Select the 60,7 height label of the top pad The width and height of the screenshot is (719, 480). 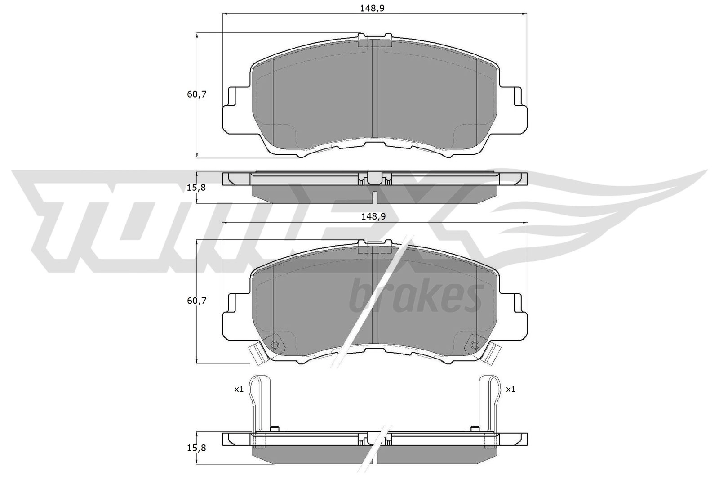click(196, 94)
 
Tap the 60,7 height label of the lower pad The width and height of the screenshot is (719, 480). click(196, 301)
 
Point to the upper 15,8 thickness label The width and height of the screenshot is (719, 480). click(196, 187)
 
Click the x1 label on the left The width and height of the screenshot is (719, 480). click(239, 389)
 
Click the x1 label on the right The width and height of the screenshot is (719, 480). click(510, 389)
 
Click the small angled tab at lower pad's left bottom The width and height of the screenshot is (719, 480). click(257, 353)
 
